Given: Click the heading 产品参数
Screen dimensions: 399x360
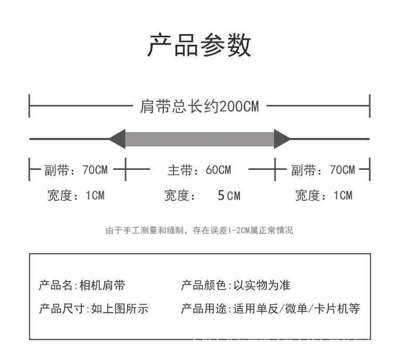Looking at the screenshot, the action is point(199,45).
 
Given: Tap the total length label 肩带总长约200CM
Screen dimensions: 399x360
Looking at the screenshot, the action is point(199,106).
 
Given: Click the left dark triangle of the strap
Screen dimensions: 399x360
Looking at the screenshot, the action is point(118,139).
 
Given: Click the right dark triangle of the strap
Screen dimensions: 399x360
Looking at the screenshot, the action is point(282,139).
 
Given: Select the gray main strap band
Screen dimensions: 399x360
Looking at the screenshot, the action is point(199,139).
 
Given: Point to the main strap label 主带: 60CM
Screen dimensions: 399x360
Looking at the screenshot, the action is point(199,170).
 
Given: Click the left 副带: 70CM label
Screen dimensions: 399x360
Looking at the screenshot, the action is point(76,170).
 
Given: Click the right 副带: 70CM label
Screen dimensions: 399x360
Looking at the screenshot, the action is point(323,170).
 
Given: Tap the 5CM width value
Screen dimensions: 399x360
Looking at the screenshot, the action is point(229,195).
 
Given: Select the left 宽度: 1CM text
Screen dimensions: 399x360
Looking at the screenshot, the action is point(76,195).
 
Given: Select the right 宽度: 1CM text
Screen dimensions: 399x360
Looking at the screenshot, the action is point(323,195).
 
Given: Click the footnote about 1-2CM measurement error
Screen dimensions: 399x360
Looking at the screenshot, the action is point(199,231).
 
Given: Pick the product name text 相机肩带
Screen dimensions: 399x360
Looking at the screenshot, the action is point(102,285).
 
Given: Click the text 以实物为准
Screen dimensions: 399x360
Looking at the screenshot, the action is point(262,285).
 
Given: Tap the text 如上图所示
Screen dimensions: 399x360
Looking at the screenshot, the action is point(120,308).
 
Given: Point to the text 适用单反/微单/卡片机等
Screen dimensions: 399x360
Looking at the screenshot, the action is point(297,308).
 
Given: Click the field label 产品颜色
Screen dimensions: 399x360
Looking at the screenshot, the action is point(204,285).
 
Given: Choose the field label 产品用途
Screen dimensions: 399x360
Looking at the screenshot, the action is point(204,308).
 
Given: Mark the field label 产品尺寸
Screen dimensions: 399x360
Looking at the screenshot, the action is point(62,308).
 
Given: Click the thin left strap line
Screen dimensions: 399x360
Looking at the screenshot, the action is point(70,139).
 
